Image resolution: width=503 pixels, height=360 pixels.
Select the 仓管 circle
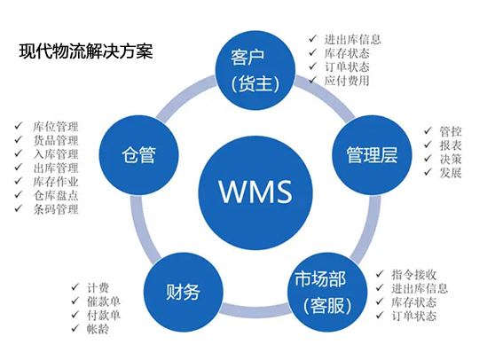138,155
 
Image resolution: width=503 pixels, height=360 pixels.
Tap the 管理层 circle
372,155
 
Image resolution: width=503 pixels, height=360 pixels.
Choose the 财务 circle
183,292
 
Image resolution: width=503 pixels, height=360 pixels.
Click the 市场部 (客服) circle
327,292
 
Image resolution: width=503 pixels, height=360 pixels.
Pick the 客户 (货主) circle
255,71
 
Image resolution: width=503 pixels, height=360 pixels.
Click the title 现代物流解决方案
86,51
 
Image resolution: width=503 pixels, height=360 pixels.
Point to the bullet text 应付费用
347,81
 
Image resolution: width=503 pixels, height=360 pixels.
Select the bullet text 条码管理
56,209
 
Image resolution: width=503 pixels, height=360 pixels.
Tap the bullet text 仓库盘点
56,195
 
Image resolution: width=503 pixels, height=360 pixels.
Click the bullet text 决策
451,159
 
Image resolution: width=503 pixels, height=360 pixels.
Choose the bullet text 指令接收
413,274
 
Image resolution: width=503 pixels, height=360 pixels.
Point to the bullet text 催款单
104,301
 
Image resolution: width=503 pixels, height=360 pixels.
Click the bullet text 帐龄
98,329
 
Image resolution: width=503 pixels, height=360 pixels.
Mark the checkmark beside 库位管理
19,125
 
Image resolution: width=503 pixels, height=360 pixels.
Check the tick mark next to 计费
75,286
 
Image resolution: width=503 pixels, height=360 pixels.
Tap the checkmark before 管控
428,130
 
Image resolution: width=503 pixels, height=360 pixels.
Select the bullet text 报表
451,145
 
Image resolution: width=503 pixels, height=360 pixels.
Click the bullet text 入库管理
56,154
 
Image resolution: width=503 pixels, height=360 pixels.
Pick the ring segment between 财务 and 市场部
255,309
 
